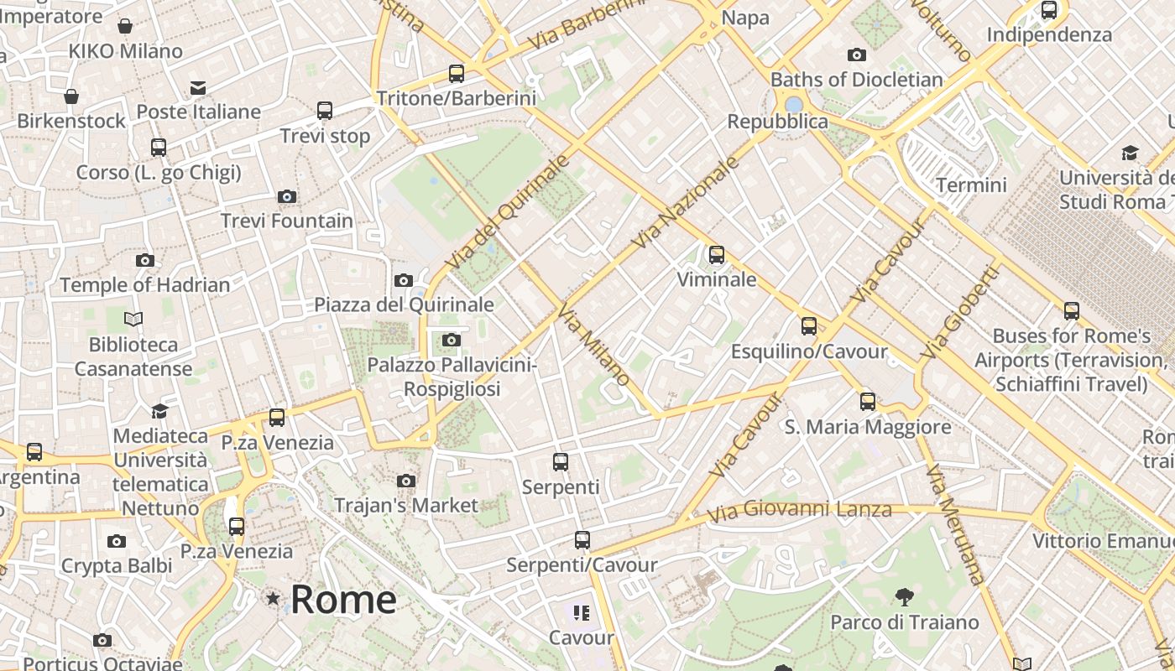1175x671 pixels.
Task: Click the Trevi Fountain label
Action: tap(287, 221)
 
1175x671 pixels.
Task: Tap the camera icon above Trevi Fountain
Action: tap(287, 197)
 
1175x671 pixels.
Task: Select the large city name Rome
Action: tap(343, 599)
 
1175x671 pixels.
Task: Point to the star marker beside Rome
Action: tap(273, 599)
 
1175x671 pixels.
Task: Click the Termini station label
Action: tap(971, 185)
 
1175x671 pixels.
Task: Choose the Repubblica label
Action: tap(777, 122)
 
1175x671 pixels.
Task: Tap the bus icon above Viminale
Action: tap(717, 255)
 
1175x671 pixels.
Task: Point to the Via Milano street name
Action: tap(593, 345)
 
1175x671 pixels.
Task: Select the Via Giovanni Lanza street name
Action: tap(799, 510)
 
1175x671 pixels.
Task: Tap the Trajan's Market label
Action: tap(406, 505)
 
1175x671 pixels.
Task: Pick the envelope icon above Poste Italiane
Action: tap(198, 88)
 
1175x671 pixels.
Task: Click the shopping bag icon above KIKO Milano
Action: tap(125, 27)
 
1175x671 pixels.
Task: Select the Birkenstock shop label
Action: tap(71, 121)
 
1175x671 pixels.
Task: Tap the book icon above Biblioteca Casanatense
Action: tap(133, 319)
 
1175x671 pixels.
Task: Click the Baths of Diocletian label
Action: tap(857, 80)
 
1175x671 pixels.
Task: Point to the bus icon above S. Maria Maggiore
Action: tap(868, 402)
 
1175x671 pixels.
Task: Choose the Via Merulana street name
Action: tap(955, 524)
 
